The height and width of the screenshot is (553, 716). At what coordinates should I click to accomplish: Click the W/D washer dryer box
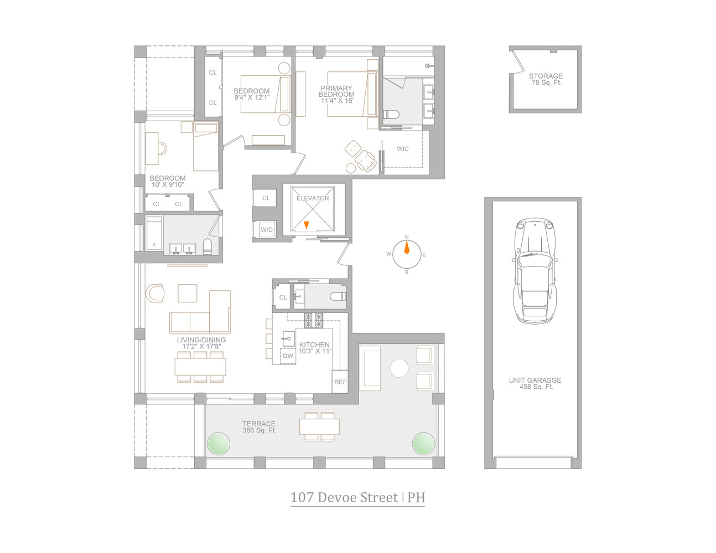click(267, 229)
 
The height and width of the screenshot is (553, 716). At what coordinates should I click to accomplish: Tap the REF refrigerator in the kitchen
click(340, 382)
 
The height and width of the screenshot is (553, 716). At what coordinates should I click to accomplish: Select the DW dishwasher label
click(288, 356)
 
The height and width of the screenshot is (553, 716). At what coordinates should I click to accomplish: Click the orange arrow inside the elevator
click(307, 225)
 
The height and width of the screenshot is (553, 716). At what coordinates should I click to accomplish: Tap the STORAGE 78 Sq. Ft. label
click(546, 79)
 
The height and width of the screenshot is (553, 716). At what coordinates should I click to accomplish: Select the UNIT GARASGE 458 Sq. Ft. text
click(535, 383)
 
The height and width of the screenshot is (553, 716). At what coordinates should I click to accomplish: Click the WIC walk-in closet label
click(403, 149)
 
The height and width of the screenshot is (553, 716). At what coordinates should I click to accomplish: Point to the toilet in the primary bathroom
click(391, 115)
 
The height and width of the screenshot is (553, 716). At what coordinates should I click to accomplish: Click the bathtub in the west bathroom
click(154, 235)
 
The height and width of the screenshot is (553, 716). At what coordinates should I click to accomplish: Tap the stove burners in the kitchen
click(313, 319)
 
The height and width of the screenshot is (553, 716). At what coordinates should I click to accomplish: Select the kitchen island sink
click(288, 337)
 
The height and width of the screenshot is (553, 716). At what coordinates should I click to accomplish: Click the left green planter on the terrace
click(218, 442)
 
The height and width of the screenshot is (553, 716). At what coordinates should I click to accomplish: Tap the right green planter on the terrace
click(423, 442)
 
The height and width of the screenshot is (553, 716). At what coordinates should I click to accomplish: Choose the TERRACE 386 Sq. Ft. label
click(259, 427)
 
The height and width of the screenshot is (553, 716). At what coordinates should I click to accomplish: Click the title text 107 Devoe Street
click(344, 497)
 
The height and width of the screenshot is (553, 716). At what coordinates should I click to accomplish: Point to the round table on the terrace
click(399, 368)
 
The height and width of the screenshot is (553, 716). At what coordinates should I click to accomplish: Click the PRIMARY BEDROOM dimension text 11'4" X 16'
click(336, 101)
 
